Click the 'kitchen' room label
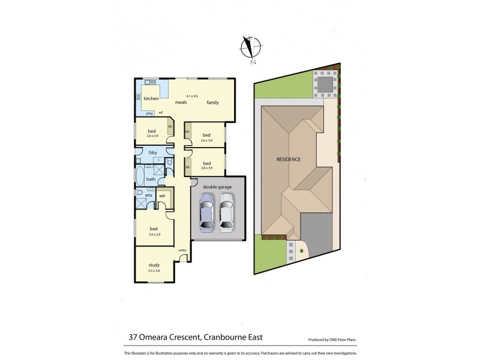pos(151,98)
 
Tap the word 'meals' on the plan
pos(181,103)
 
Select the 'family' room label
pos(213,103)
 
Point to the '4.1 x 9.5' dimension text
pos(193,95)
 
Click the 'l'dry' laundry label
pos(153,153)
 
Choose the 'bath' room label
pos(151,179)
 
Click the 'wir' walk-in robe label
pos(162,195)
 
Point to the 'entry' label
pos(182,250)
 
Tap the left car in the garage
pos(206,216)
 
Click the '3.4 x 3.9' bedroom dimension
pos(154,235)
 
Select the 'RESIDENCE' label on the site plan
pos(289,159)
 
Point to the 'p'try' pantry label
pos(149,113)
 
